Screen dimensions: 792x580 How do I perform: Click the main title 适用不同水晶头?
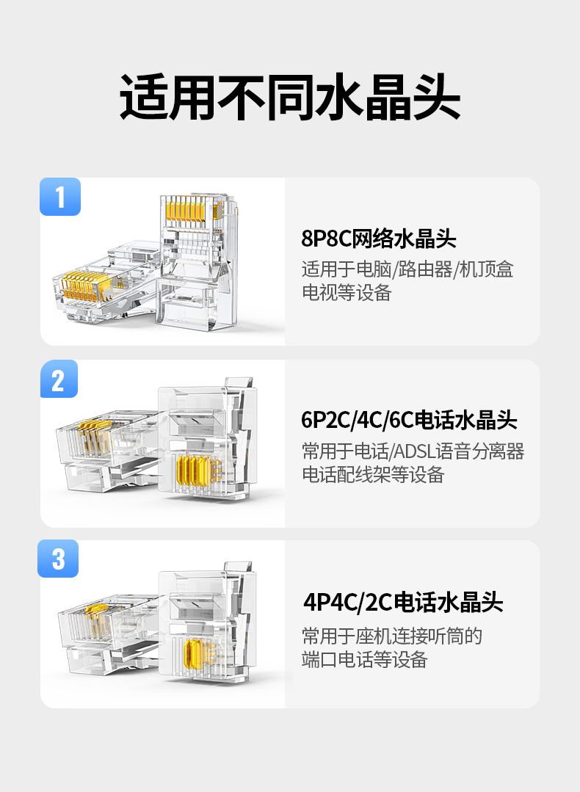pyautogui.click(x=290, y=97)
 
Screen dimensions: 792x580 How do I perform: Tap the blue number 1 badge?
pyautogui.click(x=60, y=197)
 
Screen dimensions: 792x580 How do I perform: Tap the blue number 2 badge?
pyautogui.click(x=59, y=379)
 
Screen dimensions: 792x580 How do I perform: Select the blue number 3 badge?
pyautogui.click(x=59, y=559)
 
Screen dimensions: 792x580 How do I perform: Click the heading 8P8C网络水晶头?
pyautogui.click(x=379, y=239)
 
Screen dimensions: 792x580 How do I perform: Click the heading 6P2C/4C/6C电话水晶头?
pyautogui.click(x=409, y=421)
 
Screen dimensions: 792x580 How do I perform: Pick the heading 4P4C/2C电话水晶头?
pyautogui.click(x=403, y=603)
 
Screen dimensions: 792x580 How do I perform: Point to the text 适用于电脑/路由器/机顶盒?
pyautogui.click(x=407, y=269)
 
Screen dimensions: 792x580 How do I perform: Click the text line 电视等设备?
pyautogui.click(x=347, y=293)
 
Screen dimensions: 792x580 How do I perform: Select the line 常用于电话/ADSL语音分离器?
pyautogui.click(x=413, y=451)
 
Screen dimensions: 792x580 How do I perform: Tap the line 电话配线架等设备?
pyautogui.click(x=373, y=475)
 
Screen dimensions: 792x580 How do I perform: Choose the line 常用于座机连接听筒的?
pyautogui.click(x=392, y=635)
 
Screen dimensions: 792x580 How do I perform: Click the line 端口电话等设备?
pyautogui.click(x=364, y=659)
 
